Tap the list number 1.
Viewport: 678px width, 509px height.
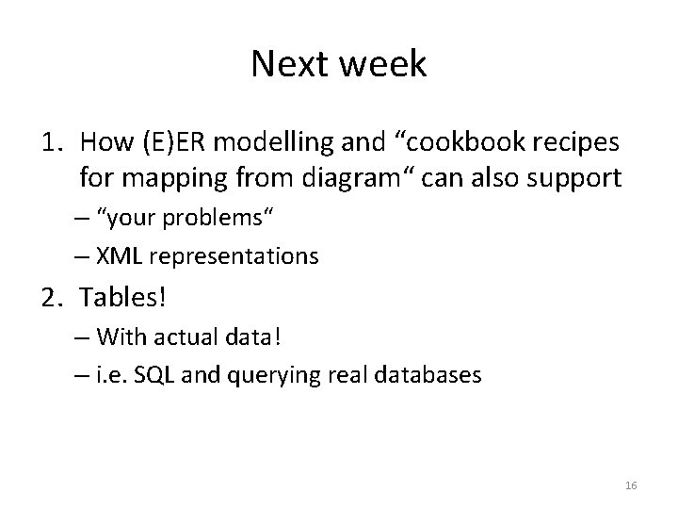point(49,142)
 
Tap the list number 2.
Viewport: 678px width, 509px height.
point(49,299)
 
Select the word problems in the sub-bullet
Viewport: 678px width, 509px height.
point(219,220)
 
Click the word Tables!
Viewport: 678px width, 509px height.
point(123,299)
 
